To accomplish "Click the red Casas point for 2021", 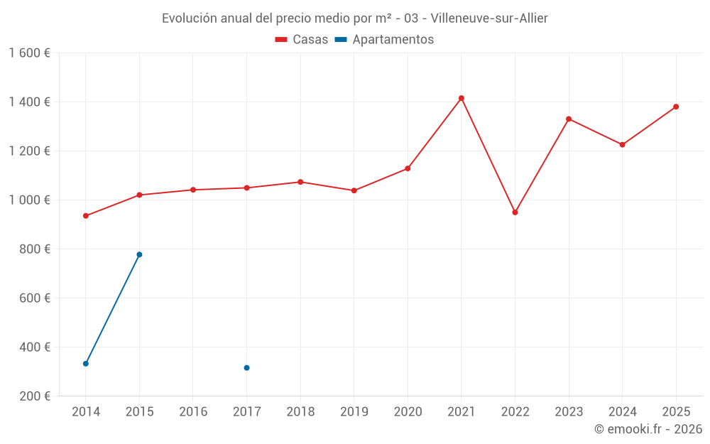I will pyautogui.click(x=461, y=98).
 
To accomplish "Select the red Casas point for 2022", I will pyautogui.click(x=515, y=212).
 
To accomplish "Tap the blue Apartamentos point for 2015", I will pyautogui.click(x=139, y=254).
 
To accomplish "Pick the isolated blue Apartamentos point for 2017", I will pyautogui.click(x=246, y=368).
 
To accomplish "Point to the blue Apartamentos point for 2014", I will pyautogui.click(x=86, y=364).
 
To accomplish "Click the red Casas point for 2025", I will pyautogui.click(x=676, y=107).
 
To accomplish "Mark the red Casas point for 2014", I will pyautogui.click(x=86, y=216).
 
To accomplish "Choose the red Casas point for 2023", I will pyautogui.click(x=569, y=119).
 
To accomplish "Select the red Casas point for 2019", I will pyautogui.click(x=354, y=190).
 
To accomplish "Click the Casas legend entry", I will pyautogui.click(x=302, y=40).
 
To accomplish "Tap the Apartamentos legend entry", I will pyautogui.click(x=384, y=40).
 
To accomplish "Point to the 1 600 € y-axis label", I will pyautogui.click(x=30, y=53).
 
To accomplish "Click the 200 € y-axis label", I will pyautogui.click(x=34, y=396).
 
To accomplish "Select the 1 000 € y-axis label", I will pyautogui.click(x=30, y=200).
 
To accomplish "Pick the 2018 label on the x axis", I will pyautogui.click(x=300, y=411).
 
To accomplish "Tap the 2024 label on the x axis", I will pyautogui.click(x=623, y=411).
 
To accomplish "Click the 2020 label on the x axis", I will pyautogui.click(x=408, y=411).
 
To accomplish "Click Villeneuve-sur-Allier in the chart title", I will pyautogui.click(x=489, y=18).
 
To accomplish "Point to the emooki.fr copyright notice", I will pyautogui.click(x=648, y=429).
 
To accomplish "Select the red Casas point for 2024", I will pyautogui.click(x=623, y=145).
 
